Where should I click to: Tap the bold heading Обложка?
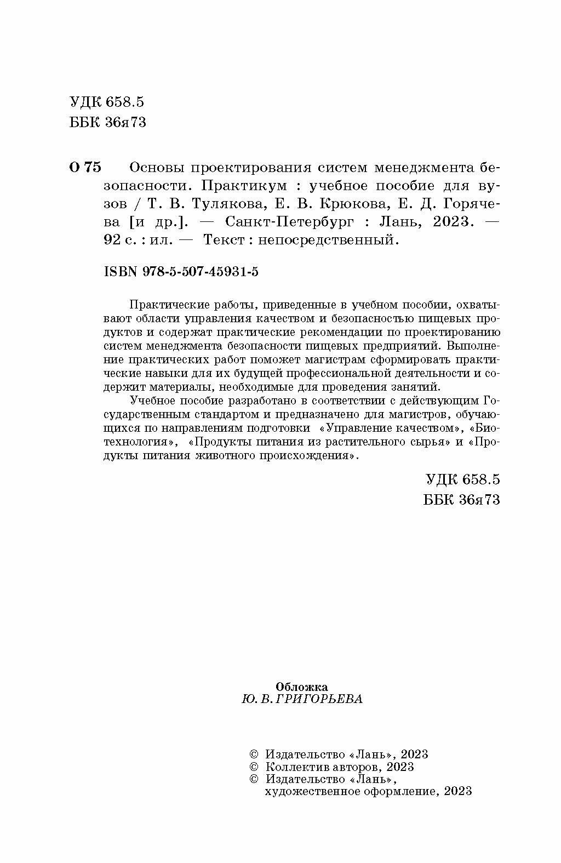coord(302,687)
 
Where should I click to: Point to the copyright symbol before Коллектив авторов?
coord(253,767)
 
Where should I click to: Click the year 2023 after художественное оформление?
coord(457,791)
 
